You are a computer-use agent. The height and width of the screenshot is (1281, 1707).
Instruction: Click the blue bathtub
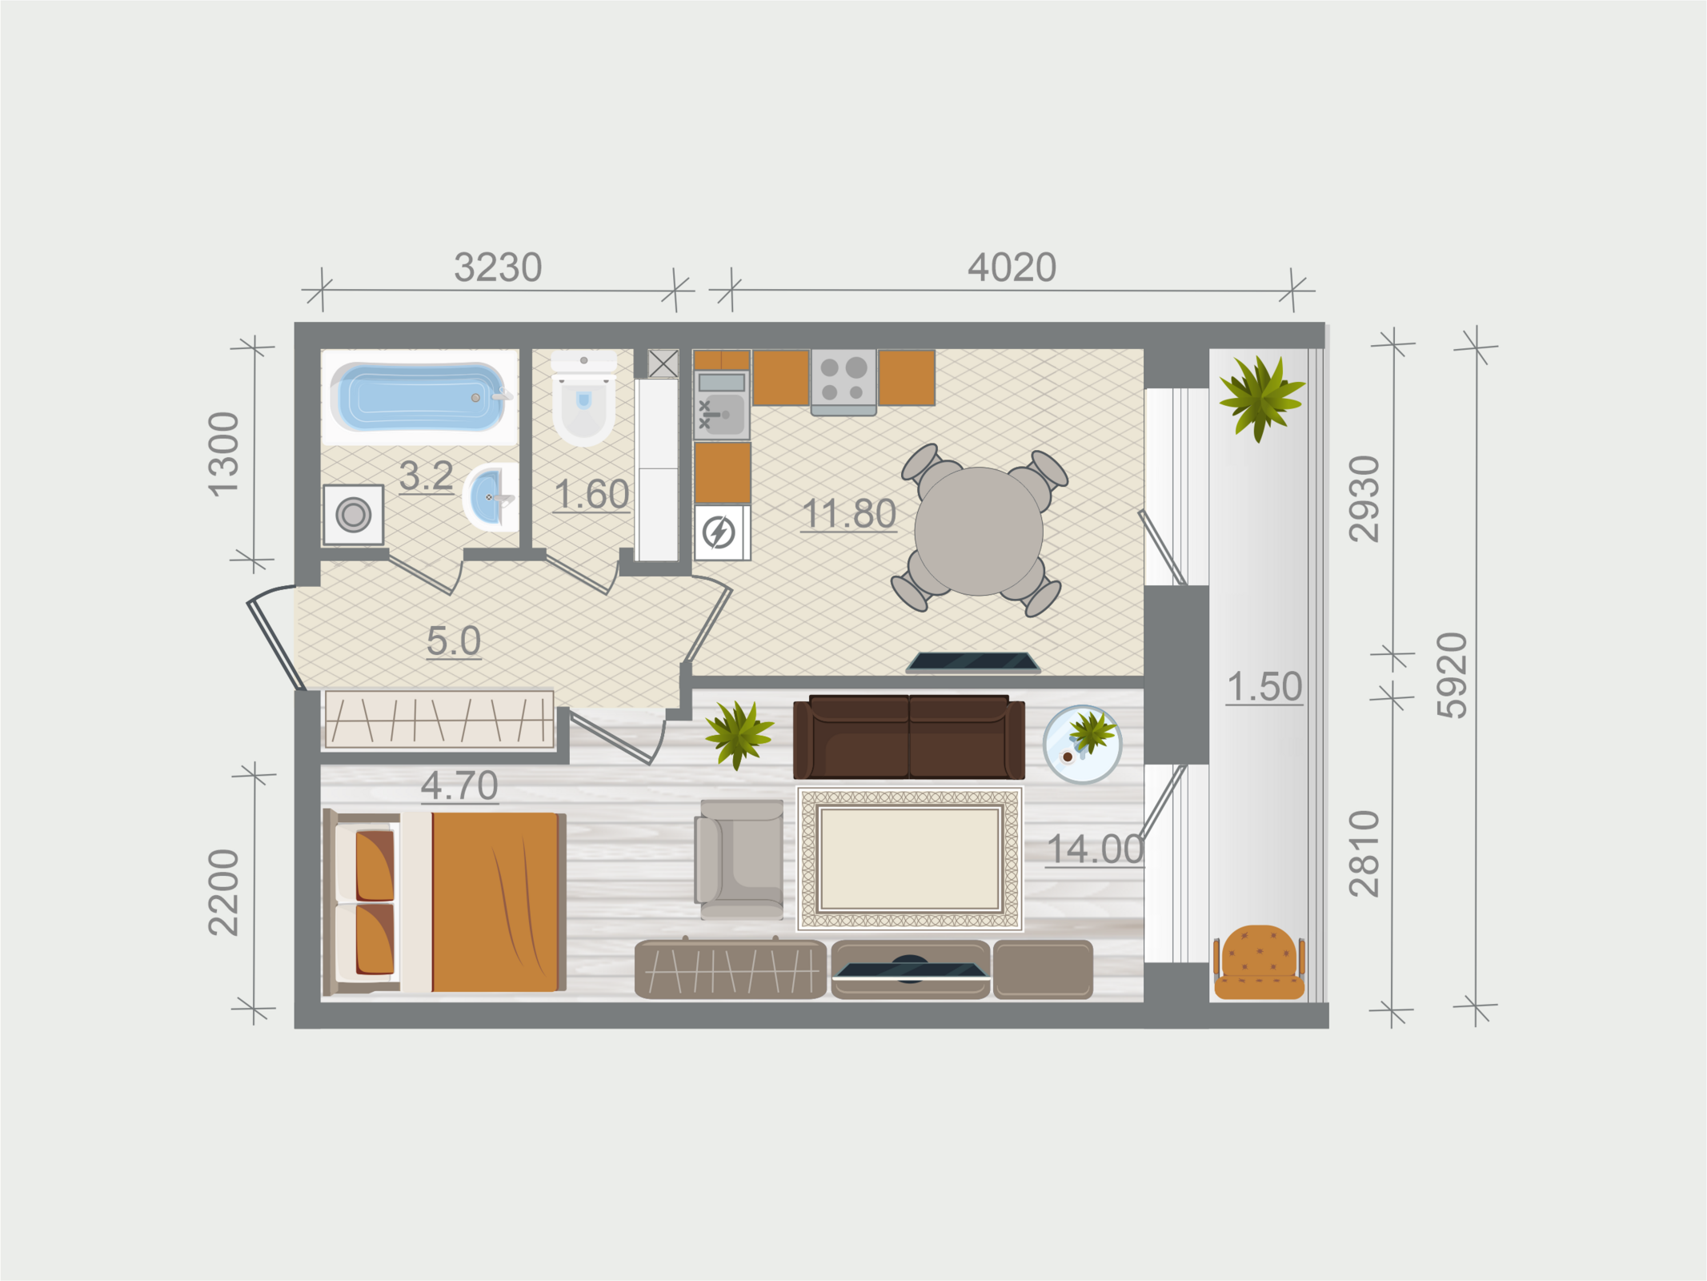tap(419, 396)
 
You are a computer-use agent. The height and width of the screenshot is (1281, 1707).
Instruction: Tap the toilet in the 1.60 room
tap(584, 399)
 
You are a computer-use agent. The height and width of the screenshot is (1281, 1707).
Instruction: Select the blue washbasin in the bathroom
tap(490, 498)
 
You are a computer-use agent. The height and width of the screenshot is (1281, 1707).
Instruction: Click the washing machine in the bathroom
tap(353, 514)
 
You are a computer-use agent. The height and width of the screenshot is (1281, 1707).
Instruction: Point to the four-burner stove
tap(843, 381)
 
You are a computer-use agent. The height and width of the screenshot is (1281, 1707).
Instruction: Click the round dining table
tap(978, 532)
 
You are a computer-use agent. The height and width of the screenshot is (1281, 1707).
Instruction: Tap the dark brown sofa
tap(909, 737)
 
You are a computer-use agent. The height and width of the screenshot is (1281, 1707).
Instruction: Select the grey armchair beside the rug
tap(739, 859)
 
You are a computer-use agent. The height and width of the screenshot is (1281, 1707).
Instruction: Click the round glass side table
tap(1082, 744)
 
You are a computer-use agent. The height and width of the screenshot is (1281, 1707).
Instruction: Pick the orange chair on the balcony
tap(1260, 962)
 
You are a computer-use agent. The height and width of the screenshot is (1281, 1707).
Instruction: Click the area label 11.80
tap(848, 514)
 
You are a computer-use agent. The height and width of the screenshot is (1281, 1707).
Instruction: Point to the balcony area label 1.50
tap(1264, 687)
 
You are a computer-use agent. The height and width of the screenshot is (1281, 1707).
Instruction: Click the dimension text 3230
tap(498, 267)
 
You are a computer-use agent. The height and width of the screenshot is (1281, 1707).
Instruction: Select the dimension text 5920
tap(1453, 675)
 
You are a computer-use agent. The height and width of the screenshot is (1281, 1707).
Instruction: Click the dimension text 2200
tap(223, 892)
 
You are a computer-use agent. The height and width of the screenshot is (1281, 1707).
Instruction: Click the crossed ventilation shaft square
tap(663, 363)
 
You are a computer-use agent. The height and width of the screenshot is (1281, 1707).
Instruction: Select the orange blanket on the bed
tap(495, 902)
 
